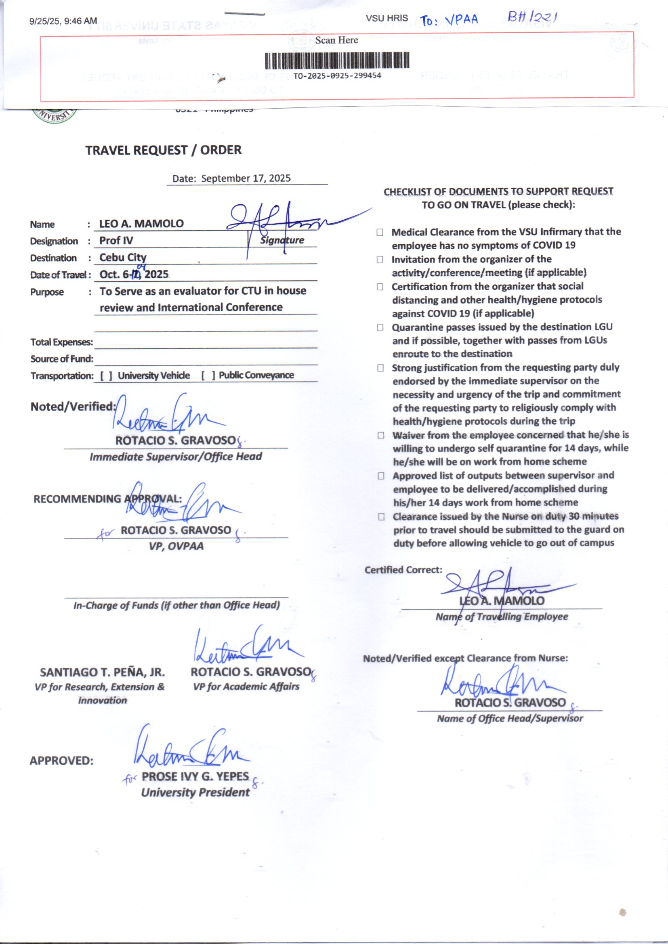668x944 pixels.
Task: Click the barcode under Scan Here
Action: pyautogui.click(x=336, y=60)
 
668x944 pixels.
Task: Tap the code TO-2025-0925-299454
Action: pyautogui.click(x=337, y=76)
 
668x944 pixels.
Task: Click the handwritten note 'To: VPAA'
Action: pyautogui.click(x=449, y=20)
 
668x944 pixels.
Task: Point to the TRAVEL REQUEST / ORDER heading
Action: pyautogui.click(x=163, y=150)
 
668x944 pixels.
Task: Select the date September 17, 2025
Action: pyautogui.click(x=246, y=178)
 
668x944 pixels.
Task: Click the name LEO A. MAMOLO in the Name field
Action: pyautogui.click(x=141, y=224)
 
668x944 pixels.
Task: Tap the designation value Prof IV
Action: pyautogui.click(x=116, y=241)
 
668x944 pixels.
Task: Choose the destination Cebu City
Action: pyautogui.click(x=123, y=257)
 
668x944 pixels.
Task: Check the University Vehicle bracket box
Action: pyautogui.click(x=106, y=376)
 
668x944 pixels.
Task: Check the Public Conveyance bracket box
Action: pyautogui.click(x=207, y=376)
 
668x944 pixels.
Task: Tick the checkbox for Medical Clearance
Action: pyautogui.click(x=380, y=232)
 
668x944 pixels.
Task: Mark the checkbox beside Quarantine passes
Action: pyautogui.click(x=380, y=327)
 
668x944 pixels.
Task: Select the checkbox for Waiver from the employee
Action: pyautogui.click(x=381, y=435)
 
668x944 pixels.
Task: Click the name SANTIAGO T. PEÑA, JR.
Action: pyautogui.click(x=103, y=672)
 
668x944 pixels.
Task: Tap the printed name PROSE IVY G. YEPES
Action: pyautogui.click(x=195, y=776)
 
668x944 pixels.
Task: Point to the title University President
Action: pyautogui.click(x=195, y=792)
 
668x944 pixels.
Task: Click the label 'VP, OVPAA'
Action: pyautogui.click(x=176, y=546)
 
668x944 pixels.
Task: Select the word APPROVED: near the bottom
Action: pyautogui.click(x=61, y=761)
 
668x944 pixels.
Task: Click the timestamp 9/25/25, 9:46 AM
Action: pyautogui.click(x=63, y=21)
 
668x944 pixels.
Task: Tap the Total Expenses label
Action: pyautogui.click(x=61, y=342)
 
